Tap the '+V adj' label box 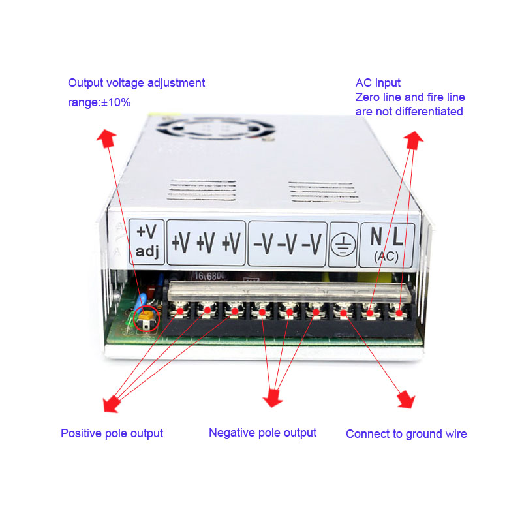point(147,241)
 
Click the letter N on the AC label point(376,236)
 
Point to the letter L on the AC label point(397,236)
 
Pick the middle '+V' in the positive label point(206,243)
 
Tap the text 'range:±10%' point(99,102)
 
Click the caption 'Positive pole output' point(112,433)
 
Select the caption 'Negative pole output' point(262,433)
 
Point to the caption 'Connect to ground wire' point(406,434)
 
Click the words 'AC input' point(378,83)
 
